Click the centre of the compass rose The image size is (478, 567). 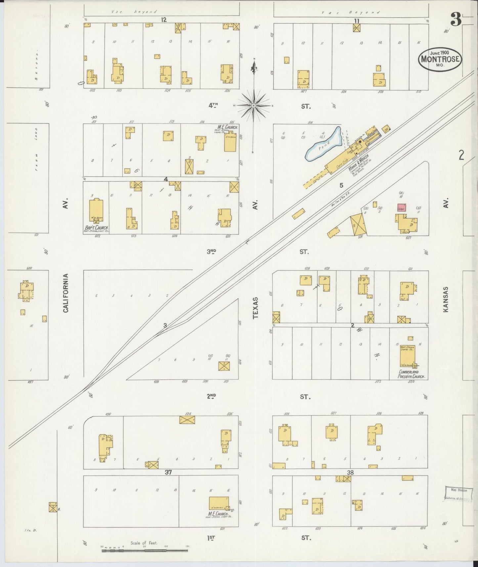[x=253, y=106]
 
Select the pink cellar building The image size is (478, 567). [x=402, y=208]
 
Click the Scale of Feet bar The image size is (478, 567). [x=145, y=550]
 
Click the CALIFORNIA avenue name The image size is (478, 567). [x=65, y=293]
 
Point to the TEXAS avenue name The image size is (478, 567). [x=255, y=308]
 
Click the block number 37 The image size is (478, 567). [x=168, y=472]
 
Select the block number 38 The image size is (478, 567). [x=350, y=472]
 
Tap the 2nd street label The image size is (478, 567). [x=211, y=396]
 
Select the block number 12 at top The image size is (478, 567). [x=163, y=20]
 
